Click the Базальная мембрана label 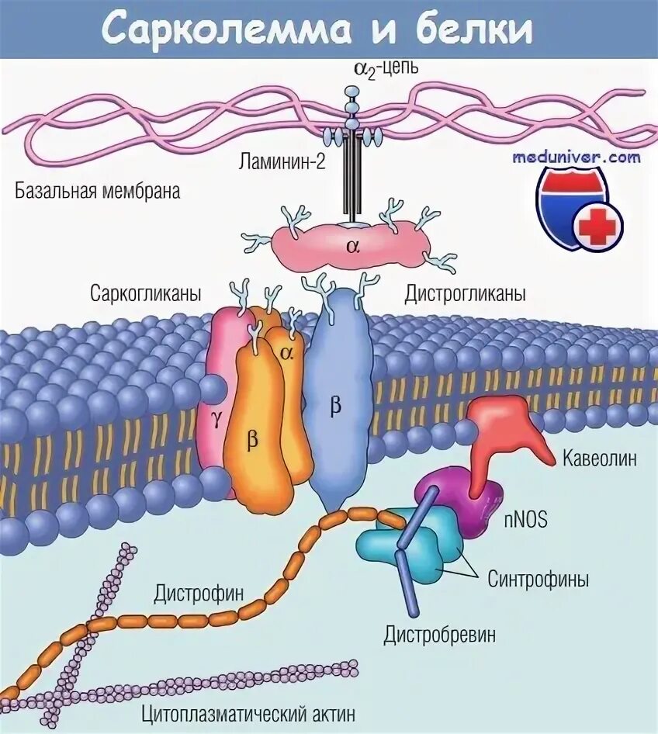(x=97, y=191)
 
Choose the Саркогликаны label (x=146, y=295)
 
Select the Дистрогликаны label (x=466, y=295)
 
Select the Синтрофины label (x=538, y=579)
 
